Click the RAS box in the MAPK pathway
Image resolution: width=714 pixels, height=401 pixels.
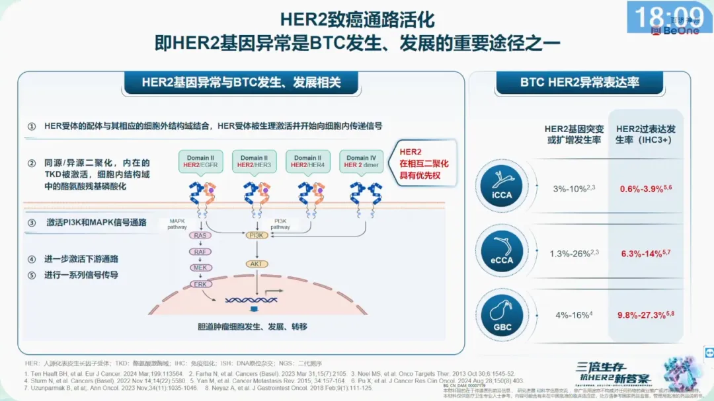point(200,235)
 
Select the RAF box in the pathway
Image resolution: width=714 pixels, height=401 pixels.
point(200,251)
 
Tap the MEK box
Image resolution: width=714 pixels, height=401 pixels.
point(200,268)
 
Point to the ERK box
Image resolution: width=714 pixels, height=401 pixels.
point(200,284)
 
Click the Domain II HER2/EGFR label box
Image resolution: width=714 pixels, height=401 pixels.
point(200,161)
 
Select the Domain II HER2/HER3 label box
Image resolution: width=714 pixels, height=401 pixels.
point(254,161)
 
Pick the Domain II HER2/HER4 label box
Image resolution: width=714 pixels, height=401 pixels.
point(307,161)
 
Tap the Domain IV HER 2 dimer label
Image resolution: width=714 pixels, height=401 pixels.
point(361,161)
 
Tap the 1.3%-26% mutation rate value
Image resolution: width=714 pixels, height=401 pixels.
point(573,253)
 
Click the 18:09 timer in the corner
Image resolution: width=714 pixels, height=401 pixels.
point(668,16)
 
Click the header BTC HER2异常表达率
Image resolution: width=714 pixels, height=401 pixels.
point(580,83)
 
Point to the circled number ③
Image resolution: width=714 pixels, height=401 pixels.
point(31,223)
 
